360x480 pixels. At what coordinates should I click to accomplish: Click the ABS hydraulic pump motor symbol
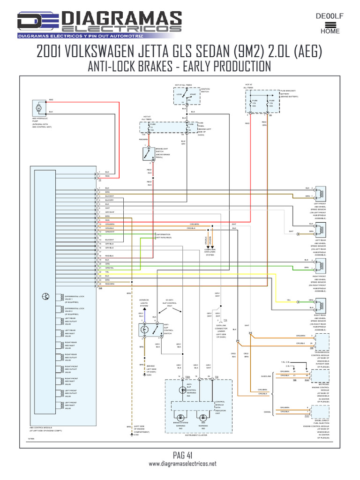click(x=38, y=108)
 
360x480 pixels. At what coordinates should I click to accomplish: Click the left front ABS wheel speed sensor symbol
click(x=320, y=193)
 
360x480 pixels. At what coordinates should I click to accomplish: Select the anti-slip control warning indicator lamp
click(x=183, y=390)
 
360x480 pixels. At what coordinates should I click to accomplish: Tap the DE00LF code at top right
click(x=330, y=16)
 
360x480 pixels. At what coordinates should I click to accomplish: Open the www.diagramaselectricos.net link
click(x=183, y=464)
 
